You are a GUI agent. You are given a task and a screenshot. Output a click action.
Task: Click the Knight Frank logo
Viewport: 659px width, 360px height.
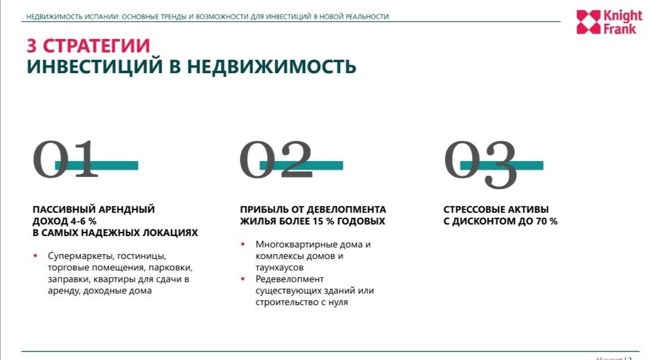608,22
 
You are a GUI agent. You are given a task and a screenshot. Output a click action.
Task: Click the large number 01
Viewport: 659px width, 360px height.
65,160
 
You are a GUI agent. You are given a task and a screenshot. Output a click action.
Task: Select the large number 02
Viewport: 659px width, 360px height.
276,160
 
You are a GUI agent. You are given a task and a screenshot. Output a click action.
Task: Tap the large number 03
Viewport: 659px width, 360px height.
481,162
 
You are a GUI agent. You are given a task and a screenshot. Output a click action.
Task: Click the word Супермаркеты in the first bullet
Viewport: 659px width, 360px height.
79,256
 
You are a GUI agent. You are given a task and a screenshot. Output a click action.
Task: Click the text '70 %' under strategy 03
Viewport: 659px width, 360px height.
547,221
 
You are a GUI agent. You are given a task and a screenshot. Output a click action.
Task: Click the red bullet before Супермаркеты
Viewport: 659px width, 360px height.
35,256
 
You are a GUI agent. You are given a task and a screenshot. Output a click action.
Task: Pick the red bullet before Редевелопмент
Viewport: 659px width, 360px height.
243,279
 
